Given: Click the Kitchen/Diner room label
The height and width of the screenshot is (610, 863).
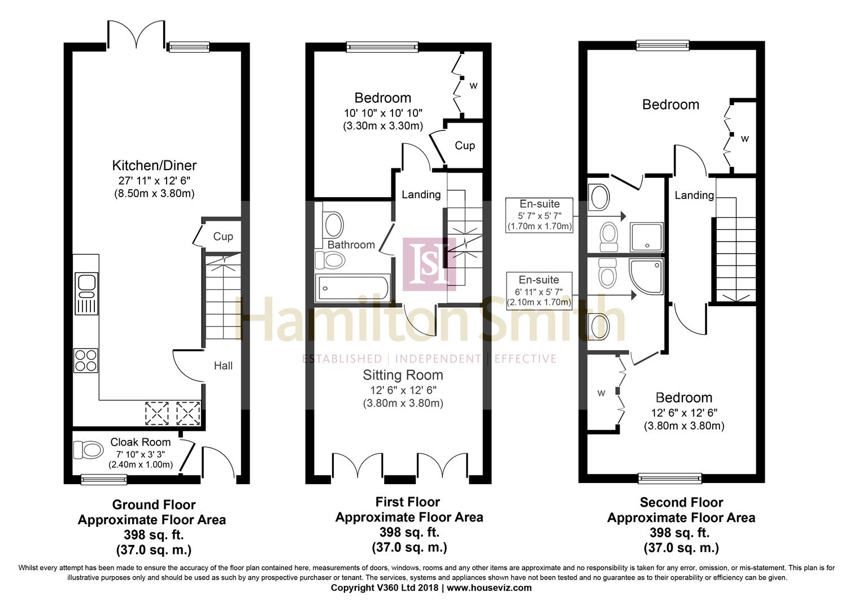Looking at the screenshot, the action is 154,165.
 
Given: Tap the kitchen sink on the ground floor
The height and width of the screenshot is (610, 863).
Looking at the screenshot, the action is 86,294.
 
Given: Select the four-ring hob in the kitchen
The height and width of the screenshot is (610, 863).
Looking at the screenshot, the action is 86,360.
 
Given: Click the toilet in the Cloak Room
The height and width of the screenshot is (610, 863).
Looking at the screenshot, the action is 88,450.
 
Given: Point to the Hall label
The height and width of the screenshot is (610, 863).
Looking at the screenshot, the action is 223,365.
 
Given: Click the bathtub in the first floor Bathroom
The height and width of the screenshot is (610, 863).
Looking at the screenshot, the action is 352,287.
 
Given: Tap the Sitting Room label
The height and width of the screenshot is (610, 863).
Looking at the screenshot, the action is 403,375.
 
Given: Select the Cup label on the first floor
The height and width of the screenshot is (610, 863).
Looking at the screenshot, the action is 465,146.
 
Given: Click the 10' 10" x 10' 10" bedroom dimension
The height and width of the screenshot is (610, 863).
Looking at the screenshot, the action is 383,114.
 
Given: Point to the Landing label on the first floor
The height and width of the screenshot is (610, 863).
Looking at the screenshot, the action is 421,195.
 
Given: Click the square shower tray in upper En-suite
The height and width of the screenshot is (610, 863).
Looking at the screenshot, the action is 647,237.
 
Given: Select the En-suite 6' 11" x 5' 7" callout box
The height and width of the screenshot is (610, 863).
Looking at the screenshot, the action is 539,290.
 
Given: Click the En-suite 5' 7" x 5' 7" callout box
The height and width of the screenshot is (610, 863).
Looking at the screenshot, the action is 539,215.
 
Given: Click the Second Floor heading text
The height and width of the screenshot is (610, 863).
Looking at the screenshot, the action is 681,503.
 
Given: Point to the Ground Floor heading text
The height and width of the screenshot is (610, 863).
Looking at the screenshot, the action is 154,505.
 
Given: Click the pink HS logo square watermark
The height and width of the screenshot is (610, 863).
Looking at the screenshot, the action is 429,264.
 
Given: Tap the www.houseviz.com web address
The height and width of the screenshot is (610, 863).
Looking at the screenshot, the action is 489,588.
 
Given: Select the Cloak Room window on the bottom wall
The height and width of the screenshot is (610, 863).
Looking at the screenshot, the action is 103,480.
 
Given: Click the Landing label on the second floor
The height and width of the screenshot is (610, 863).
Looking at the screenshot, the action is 694,195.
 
